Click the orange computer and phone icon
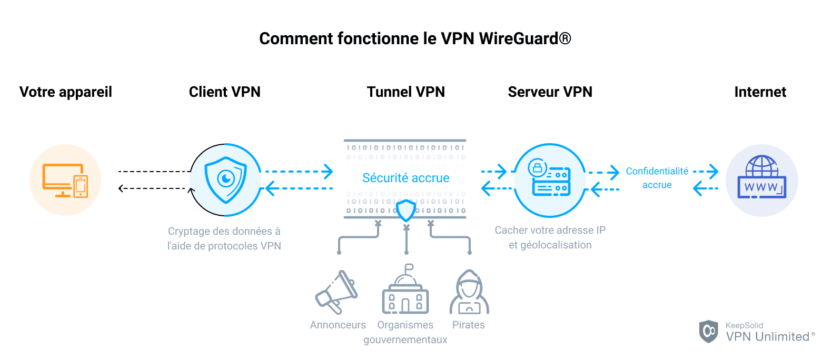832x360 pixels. point(65,180)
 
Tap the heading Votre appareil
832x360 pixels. point(66,92)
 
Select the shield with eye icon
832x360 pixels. point(226,180)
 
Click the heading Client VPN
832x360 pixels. point(225,92)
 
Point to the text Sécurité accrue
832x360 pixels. point(405,178)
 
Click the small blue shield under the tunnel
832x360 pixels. point(406,210)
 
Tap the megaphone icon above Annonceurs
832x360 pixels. point(336,293)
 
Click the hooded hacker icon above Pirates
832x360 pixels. point(469,293)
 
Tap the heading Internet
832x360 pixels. point(760,92)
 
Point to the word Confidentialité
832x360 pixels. point(657,171)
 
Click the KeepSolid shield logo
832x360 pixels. point(708,331)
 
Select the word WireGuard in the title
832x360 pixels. point(518,38)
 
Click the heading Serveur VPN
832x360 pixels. point(550,92)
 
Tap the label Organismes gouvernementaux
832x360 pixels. point(405,332)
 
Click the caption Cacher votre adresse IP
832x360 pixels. point(550,230)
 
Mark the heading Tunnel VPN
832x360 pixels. point(405,92)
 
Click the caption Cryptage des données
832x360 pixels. point(224,231)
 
